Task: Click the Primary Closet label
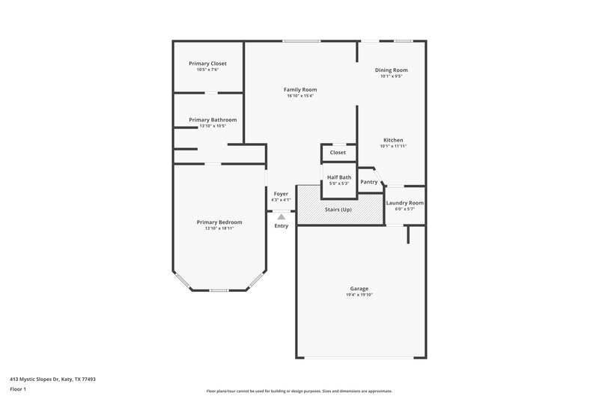pos(207,64)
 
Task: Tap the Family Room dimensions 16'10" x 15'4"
pos(299,96)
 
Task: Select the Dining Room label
pos(391,70)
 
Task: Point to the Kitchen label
pos(393,140)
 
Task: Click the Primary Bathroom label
pos(213,120)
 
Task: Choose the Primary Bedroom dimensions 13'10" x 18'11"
pos(219,228)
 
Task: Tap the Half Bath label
pos(339,177)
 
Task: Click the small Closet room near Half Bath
pos(338,152)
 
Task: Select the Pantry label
pos(368,181)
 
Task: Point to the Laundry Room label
pos(404,203)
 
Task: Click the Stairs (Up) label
pos(338,210)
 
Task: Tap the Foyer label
pos(281,194)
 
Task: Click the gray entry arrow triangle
pos(282,216)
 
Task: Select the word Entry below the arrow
pos(281,226)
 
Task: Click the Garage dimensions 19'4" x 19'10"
pos(359,295)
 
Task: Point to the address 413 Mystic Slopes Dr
pos(52,379)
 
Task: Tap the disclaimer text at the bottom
pos(299,391)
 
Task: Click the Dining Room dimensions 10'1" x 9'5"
pos(391,76)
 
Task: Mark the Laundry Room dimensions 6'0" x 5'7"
pos(404,209)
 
